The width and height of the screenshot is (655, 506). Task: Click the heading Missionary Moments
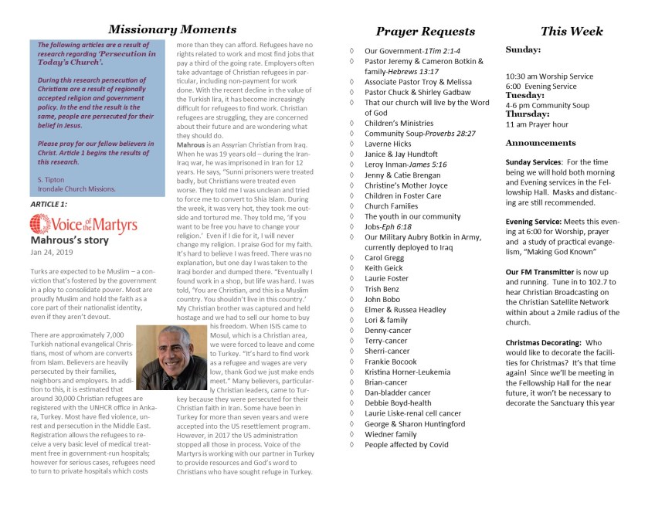coord(161,29)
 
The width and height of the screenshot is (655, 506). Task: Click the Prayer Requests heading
coord(425,31)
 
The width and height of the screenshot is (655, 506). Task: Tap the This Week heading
coord(572,31)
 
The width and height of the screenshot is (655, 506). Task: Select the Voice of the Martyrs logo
coord(83,225)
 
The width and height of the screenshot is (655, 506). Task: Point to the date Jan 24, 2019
coord(51,252)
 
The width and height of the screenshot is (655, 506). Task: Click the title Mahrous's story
coord(69,240)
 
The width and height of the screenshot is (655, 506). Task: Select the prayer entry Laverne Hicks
coord(388,144)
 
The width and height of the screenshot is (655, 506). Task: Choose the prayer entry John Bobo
coord(384,299)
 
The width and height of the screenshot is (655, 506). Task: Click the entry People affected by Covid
coord(406,444)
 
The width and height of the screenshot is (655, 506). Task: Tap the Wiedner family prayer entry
coord(391,433)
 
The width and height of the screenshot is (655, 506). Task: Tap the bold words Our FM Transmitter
coord(540,272)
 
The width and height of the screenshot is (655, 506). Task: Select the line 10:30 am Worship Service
coord(549,76)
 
